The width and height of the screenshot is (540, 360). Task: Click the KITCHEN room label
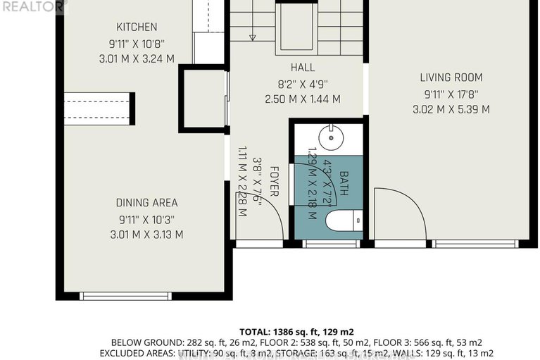pos(137,27)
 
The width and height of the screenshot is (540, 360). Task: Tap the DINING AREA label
pos(146,203)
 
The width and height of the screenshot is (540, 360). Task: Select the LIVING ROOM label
pos(451,77)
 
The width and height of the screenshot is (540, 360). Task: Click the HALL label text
pos(302,68)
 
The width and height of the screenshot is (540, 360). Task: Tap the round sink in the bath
pos(327,135)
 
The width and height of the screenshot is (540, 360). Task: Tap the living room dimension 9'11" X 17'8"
pos(451,94)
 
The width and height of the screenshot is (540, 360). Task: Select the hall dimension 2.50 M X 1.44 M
pos(302,99)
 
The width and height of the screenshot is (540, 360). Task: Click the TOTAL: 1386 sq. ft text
pos(296,330)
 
